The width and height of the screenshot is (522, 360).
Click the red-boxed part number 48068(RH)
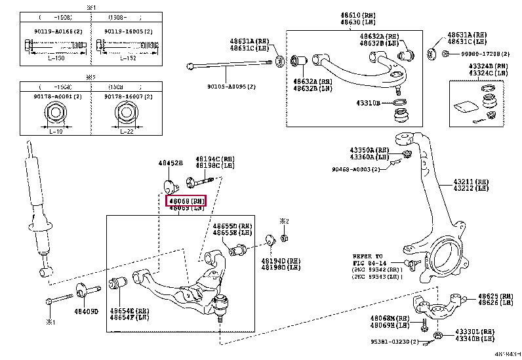(187, 201)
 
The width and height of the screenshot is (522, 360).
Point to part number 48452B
(169, 163)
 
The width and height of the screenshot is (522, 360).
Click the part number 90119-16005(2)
(128, 31)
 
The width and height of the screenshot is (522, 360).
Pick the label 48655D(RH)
(232, 226)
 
